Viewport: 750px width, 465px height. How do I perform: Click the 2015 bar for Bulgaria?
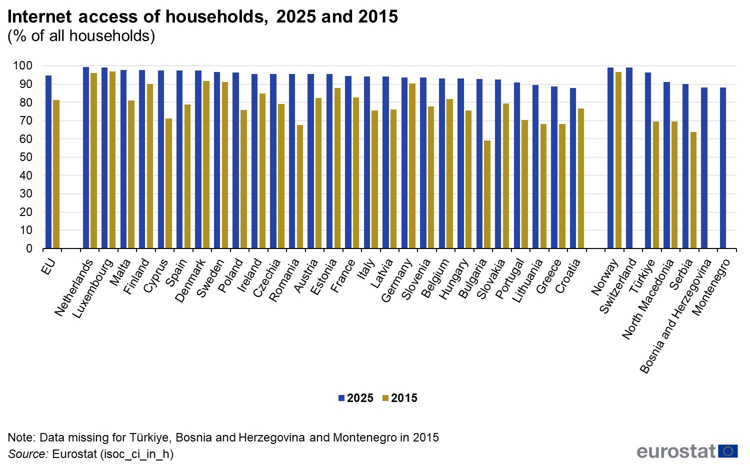[487, 194]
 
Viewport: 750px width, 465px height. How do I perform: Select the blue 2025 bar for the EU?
[48, 162]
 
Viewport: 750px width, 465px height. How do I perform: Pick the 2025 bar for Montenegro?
[723, 168]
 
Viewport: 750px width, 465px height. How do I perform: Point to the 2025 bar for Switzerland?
[629, 158]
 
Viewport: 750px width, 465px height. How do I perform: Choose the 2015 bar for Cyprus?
[168, 183]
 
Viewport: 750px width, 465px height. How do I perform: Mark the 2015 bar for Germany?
[412, 166]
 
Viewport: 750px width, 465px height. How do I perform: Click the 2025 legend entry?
[356, 398]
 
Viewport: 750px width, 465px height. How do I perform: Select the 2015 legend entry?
[399, 398]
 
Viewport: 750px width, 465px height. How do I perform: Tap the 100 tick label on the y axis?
[22, 66]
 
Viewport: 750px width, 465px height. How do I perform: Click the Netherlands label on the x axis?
[74, 288]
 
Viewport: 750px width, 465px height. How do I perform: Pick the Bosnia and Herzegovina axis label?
[675, 316]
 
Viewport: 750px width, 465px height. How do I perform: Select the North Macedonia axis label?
[649, 299]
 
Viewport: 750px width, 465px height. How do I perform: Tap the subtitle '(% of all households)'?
[81, 36]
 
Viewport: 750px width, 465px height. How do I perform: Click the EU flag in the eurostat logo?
[727, 451]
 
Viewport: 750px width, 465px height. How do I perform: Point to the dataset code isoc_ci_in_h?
[136, 454]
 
